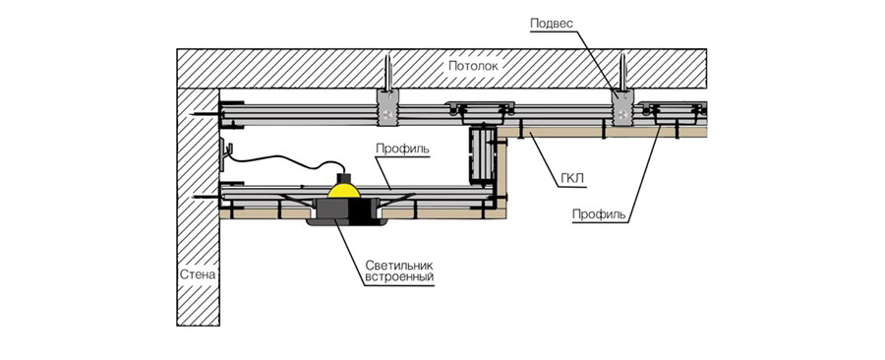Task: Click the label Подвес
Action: point(552,24)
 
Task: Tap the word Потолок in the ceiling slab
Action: point(473,66)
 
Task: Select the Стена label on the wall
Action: point(198,275)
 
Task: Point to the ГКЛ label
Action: point(572,179)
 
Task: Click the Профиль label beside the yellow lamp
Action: point(402,150)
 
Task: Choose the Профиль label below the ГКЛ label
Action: point(599,214)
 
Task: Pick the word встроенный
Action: point(399,277)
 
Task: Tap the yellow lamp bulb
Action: point(344,191)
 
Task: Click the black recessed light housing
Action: point(347,212)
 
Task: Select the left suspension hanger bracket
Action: point(387,108)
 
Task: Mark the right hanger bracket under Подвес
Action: point(621,108)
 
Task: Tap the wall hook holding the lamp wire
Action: point(225,152)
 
